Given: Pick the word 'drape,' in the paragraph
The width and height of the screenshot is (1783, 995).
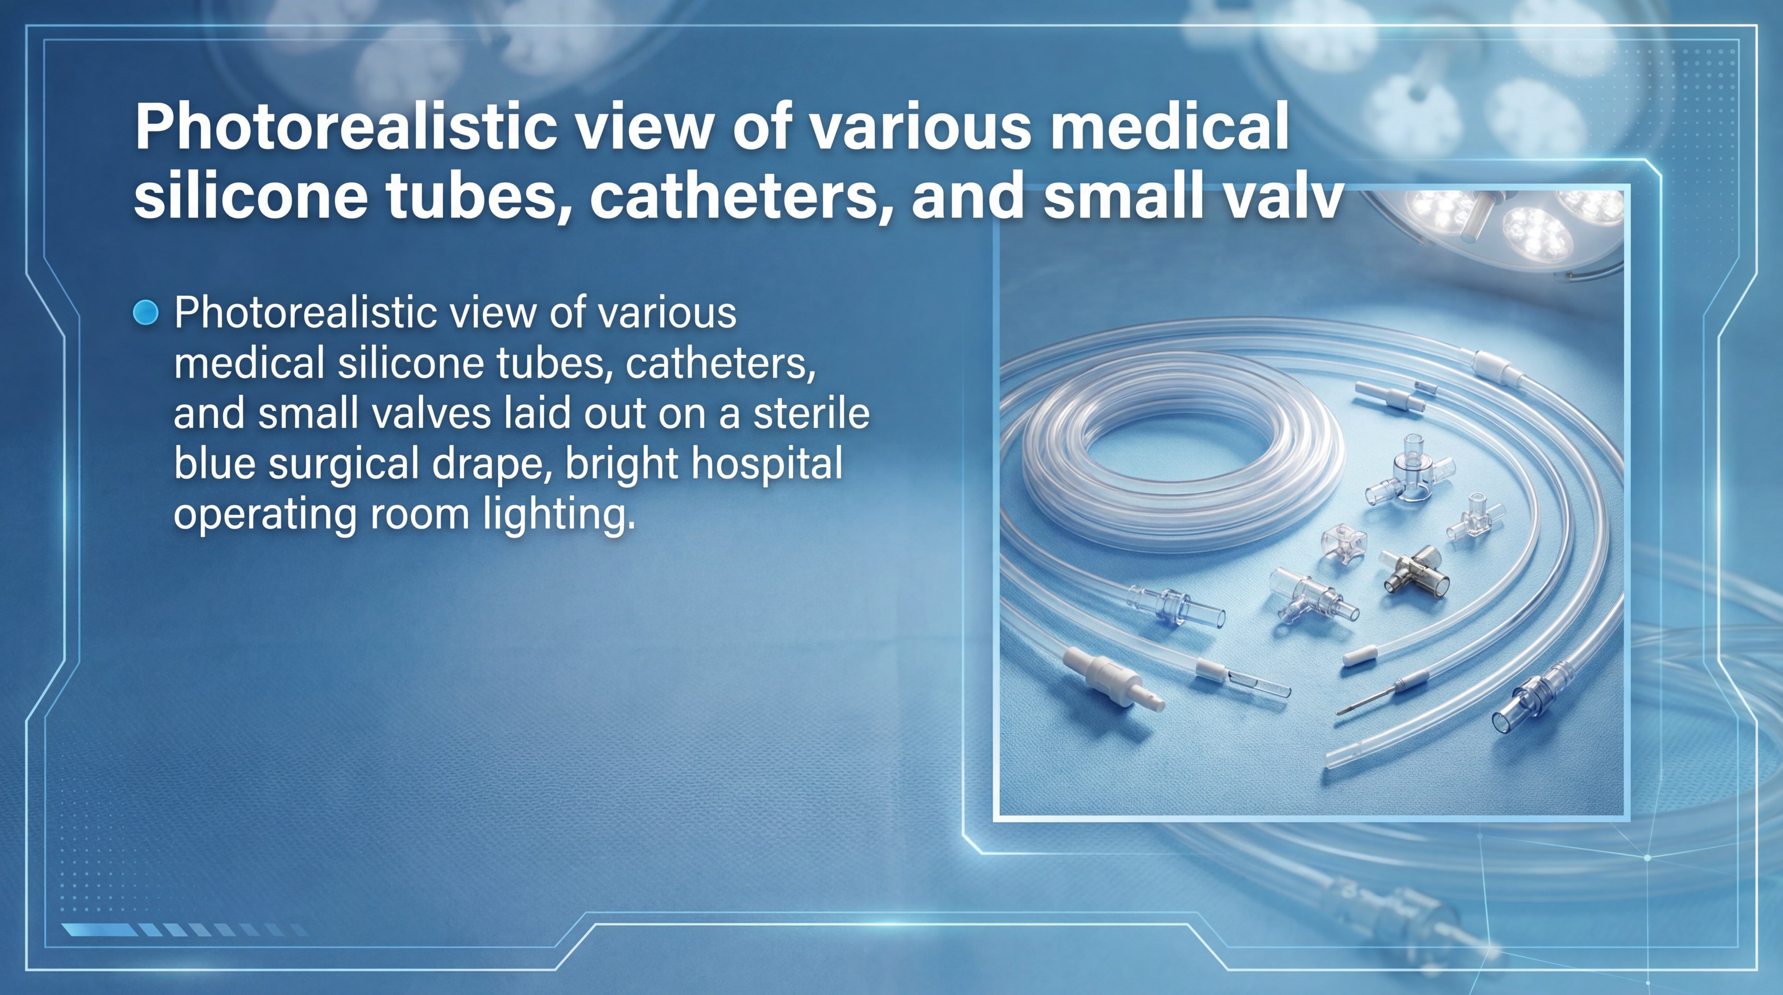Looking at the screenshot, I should click(491, 464).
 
